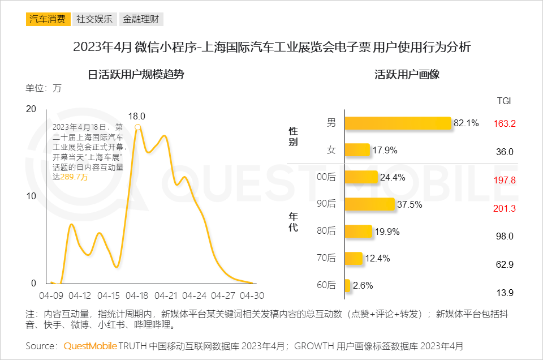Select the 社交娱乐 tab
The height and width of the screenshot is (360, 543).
click(94, 19)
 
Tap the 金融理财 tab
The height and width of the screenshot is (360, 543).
click(141, 19)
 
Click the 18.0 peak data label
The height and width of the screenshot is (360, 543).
click(137, 116)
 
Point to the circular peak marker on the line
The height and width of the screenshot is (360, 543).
click(137, 127)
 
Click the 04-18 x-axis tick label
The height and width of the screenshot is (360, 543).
click(137, 295)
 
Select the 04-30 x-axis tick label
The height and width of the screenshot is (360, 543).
click(252, 295)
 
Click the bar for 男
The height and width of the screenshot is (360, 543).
click(398, 123)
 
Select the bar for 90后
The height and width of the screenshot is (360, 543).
click(369, 204)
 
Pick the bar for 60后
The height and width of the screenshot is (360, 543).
click(347, 285)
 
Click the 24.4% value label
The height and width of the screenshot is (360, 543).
click(392, 178)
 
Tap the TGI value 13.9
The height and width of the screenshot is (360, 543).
click(504, 293)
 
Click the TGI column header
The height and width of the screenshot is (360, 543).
click(504, 101)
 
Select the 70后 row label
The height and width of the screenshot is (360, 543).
click(326, 258)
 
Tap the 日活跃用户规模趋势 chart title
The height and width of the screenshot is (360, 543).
click(136, 74)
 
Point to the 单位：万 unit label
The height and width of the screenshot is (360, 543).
click(44, 88)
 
